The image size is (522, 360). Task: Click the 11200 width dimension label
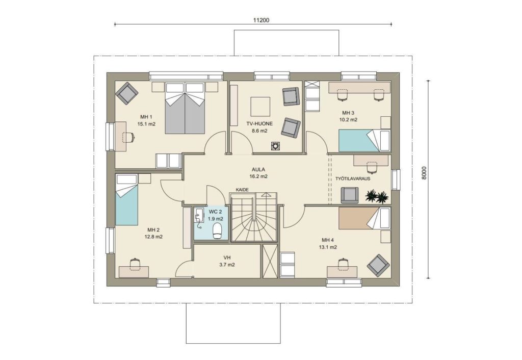(261, 20)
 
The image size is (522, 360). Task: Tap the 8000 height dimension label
(424, 173)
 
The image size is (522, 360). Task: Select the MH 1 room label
(146, 117)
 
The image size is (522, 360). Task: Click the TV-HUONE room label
(259, 123)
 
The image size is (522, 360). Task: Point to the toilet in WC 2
(217, 231)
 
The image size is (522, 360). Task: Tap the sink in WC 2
(199, 215)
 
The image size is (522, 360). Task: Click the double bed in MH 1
(185, 108)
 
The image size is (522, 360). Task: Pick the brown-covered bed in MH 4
(364, 218)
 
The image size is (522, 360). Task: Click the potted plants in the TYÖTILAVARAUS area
(377, 196)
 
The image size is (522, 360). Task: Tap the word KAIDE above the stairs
(242, 190)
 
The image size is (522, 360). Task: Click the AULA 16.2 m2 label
(258, 173)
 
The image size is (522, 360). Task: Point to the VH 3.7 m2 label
(227, 261)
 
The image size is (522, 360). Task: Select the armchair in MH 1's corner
(127, 94)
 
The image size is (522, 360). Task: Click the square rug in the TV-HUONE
(260, 106)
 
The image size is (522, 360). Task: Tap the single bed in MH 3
(364, 141)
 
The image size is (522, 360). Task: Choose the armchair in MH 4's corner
(378, 266)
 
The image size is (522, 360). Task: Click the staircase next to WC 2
(254, 217)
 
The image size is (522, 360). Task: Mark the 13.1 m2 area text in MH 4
(329, 247)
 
